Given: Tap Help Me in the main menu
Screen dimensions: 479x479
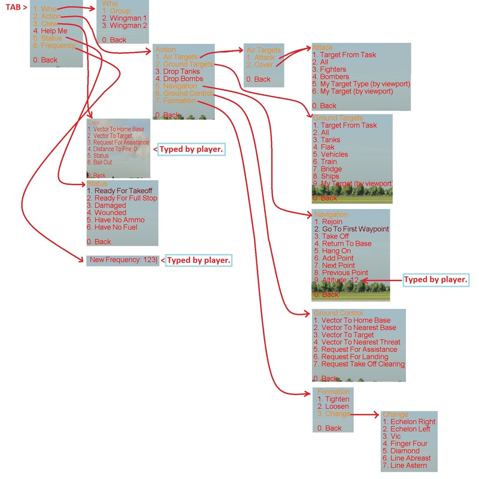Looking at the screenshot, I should point(50,31).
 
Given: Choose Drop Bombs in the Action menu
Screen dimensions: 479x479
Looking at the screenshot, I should point(179,78).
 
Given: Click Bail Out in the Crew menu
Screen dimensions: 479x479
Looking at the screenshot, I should point(102,162).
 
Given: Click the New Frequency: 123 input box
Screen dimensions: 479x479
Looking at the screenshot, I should point(123,260).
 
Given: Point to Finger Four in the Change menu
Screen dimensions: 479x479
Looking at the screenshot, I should point(404,444).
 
